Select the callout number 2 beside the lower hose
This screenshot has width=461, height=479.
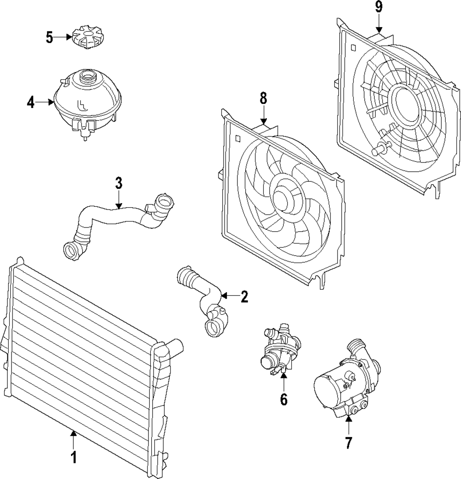(x=244, y=297)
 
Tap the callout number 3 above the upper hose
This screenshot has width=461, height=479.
(x=118, y=183)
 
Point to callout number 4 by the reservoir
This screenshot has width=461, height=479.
(x=30, y=102)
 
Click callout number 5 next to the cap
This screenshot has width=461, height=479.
(x=50, y=37)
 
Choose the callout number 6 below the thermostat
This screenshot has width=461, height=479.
(x=284, y=399)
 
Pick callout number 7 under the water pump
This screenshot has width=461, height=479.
(x=349, y=443)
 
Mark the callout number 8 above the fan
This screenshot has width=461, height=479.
(x=263, y=98)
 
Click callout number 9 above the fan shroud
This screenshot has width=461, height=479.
(x=379, y=7)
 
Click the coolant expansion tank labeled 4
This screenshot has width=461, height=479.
(x=88, y=104)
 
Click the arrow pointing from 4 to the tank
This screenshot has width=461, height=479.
(x=45, y=102)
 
